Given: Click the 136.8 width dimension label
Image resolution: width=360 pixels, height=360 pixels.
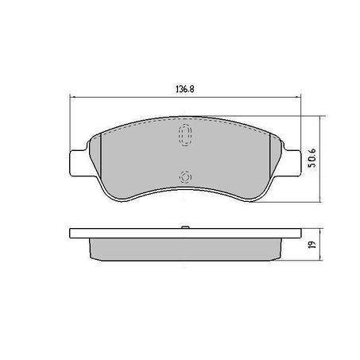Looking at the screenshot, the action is click(185, 89).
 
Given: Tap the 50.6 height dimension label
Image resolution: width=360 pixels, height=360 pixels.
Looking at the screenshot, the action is click(313, 158).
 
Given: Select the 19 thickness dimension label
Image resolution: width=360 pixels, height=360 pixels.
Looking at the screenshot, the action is click(313, 244).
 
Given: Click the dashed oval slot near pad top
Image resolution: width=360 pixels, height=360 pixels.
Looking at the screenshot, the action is click(185, 135).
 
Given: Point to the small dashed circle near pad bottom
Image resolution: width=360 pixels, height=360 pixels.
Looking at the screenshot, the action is click(185, 177).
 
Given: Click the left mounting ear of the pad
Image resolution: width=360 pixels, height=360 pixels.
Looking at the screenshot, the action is click(79, 163).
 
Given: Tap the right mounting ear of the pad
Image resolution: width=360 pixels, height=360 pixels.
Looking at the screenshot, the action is click(292, 163).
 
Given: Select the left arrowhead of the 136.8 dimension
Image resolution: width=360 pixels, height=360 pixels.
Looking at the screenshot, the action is click(72, 97).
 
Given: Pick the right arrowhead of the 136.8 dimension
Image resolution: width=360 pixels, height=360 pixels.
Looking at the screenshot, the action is click(299, 97).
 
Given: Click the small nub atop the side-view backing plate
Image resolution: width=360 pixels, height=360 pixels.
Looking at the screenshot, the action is click(185, 227).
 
